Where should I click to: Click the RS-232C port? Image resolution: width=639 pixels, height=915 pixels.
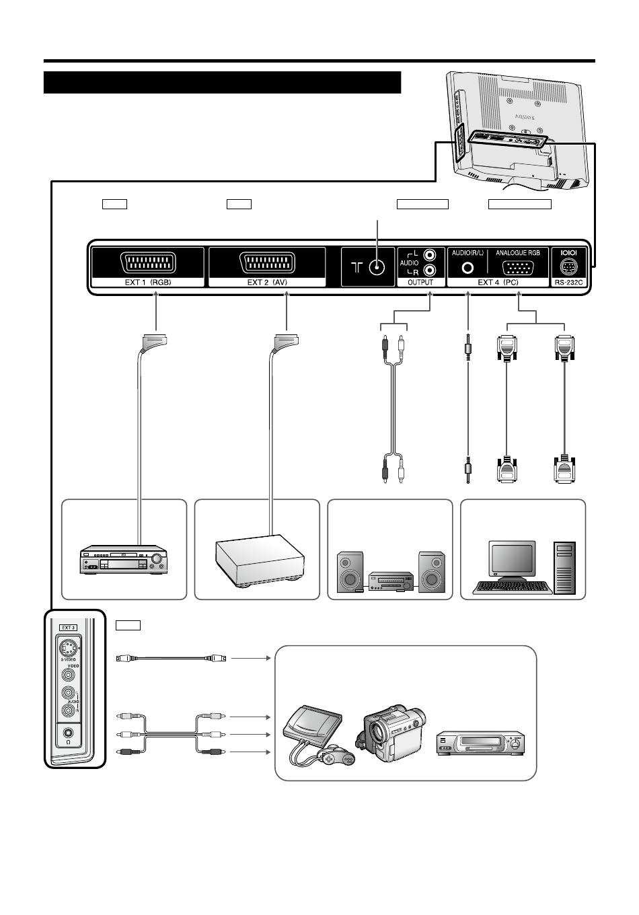569,267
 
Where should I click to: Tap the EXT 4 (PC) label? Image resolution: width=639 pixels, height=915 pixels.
498,283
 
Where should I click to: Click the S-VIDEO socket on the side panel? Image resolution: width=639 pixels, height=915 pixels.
68,649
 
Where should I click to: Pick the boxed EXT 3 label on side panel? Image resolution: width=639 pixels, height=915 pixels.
68,627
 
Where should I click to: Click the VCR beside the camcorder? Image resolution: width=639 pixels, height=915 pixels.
481,743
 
